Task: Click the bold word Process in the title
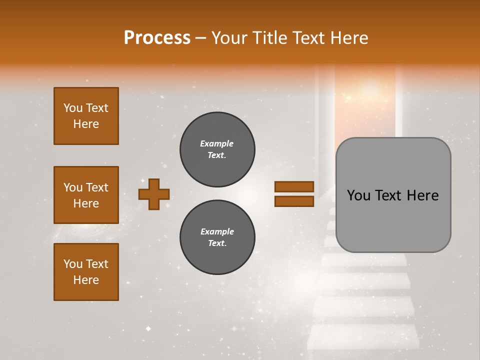pos(157,38)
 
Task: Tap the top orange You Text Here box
pos(86,116)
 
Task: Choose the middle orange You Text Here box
pos(86,195)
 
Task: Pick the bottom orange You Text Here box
pos(86,272)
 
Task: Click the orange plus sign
pos(154,194)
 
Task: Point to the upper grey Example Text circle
pos(217,149)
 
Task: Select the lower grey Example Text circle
pos(217,237)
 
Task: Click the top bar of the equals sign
pos(294,187)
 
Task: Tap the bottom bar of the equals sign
pos(294,201)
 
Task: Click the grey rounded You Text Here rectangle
pos(393,195)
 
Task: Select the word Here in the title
pos(350,38)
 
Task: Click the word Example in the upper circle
pos(217,143)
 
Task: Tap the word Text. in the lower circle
pos(217,243)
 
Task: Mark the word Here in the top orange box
pos(86,124)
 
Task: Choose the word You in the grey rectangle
pos(359,195)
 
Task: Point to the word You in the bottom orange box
pos(73,264)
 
